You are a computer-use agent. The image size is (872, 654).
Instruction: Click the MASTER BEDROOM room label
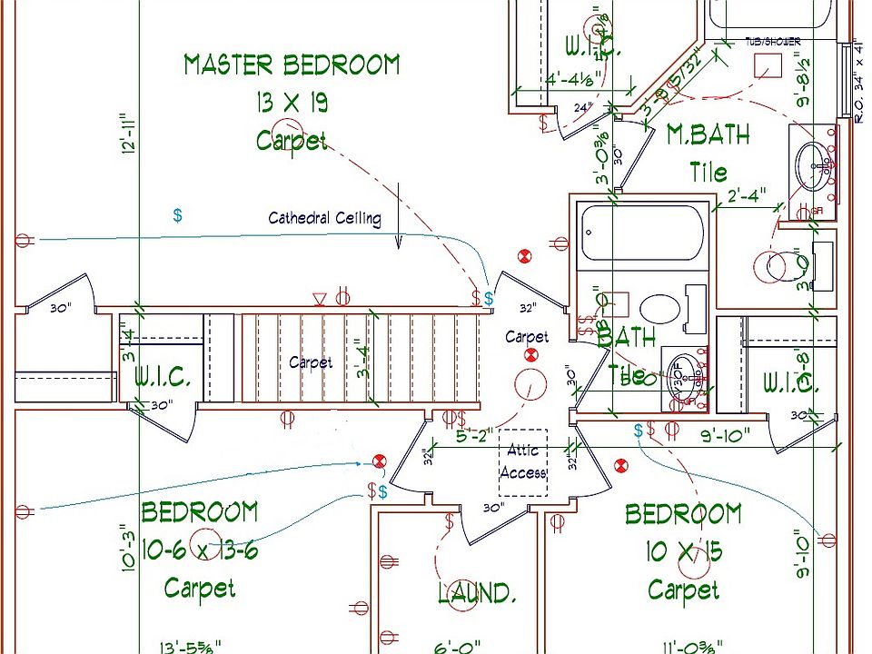point(291,65)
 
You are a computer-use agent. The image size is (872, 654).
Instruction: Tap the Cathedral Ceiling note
point(324,218)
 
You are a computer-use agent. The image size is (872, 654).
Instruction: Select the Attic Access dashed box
point(522,462)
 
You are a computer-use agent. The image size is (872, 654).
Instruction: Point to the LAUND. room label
point(477,594)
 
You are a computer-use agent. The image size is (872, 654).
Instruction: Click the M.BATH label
point(708,135)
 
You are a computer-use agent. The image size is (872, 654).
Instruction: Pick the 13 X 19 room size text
point(291,104)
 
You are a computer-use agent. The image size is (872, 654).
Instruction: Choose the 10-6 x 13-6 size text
point(199,550)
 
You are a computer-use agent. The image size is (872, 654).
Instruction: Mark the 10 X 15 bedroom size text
point(683,552)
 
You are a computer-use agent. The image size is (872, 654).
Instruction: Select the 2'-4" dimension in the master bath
point(747,194)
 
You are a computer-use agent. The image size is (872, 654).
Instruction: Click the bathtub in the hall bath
point(640,233)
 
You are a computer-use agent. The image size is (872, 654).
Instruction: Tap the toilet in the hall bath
point(659,308)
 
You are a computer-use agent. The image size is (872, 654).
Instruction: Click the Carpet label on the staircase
point(311,362)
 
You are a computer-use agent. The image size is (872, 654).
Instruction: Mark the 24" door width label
point(581,107)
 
